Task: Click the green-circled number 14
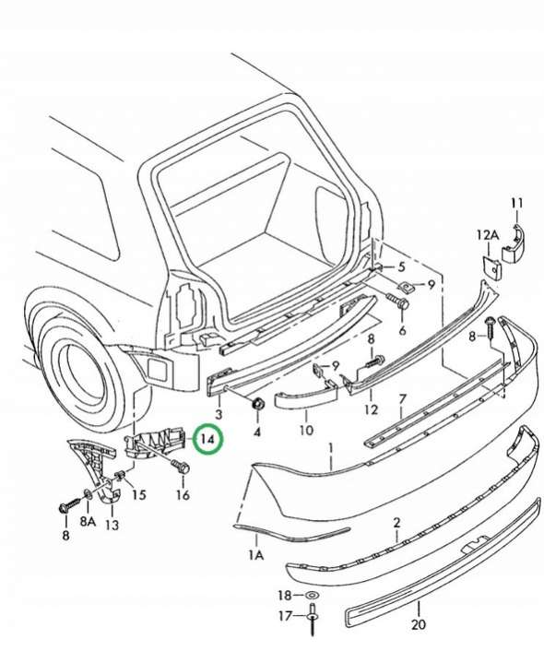(x=207, y=439)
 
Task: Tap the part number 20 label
(x=418, y=623)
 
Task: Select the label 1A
(x=255, y=555)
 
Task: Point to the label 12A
(x=488, y=234)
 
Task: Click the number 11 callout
(x=516, y=204)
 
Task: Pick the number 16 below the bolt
(x=183, y=494)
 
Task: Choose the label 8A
(x=88, y=521)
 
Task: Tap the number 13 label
(x=112, y=525)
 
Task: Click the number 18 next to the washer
(x=285, y=596)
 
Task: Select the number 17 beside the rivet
(x=285, y=616)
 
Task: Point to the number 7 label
(x=402, y=399)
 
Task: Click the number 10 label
(x=306, y=430)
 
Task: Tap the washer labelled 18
(x=312, y=596)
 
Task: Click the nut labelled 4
(x=257, y=405)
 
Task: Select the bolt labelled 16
(x=181, y=467)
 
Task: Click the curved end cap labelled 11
(x=513, y=244)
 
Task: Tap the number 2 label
(x=396, y=523)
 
